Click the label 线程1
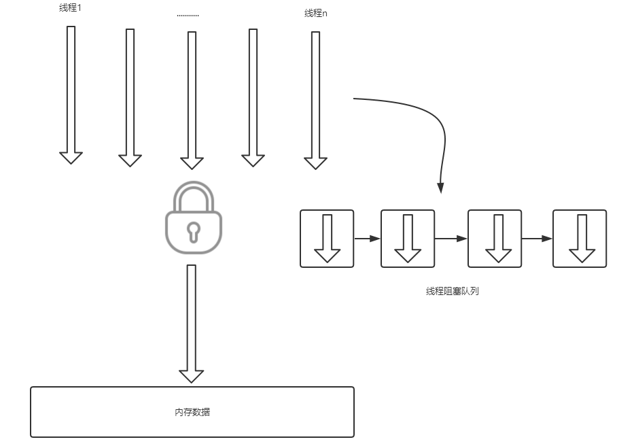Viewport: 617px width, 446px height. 71,9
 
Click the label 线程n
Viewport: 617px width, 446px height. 315,13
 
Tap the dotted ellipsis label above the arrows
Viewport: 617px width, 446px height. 188,14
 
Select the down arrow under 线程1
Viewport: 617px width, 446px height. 71,95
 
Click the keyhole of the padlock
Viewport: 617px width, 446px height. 194,230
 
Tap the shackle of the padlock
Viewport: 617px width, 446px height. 194,195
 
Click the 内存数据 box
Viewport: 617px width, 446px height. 192,412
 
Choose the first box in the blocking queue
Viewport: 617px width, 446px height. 327,239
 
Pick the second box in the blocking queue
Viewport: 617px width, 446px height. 407,239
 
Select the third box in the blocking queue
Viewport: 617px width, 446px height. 495,239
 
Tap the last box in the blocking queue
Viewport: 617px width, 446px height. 579,239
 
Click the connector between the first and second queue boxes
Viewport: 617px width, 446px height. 367,239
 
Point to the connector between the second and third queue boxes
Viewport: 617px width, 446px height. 451,239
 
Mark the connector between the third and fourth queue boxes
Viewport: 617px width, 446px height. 537,239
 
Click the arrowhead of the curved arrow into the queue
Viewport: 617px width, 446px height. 441,188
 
